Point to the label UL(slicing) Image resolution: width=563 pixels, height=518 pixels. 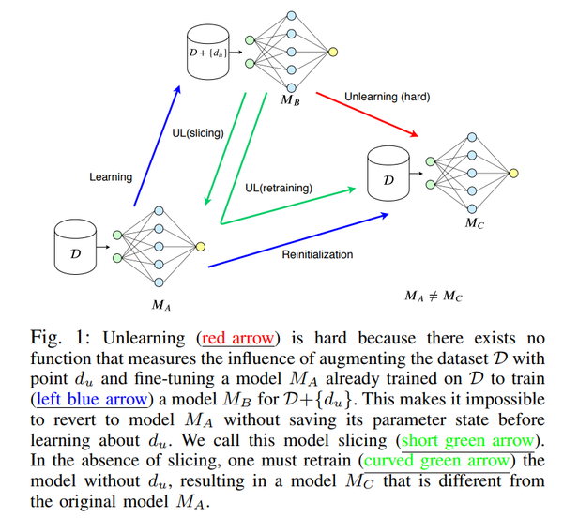click(197, 133)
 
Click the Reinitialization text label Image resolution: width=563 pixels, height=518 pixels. click(317, 254)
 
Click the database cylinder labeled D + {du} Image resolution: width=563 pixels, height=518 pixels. click(206, 53)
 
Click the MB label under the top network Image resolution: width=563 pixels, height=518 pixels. click(290, 99)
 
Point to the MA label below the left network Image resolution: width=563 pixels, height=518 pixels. click(161, 304)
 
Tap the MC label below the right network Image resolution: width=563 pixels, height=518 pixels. click(476, 224)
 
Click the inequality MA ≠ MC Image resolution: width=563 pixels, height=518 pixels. click(434, 296)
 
